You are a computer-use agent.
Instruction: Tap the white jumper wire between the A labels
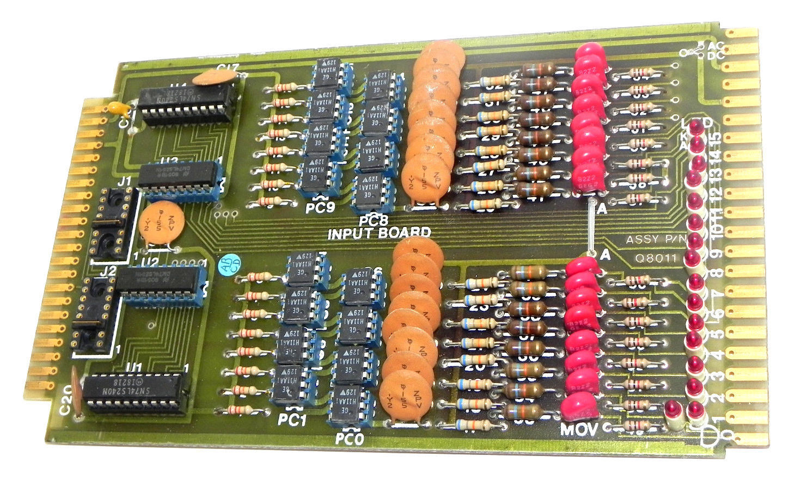(590, 229)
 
